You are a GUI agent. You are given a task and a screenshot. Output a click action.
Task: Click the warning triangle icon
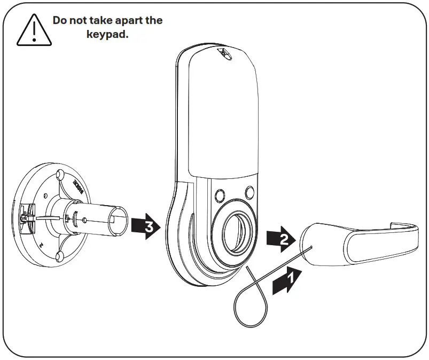point(34,30)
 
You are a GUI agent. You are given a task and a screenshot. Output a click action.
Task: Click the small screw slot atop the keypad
point(223,53)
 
